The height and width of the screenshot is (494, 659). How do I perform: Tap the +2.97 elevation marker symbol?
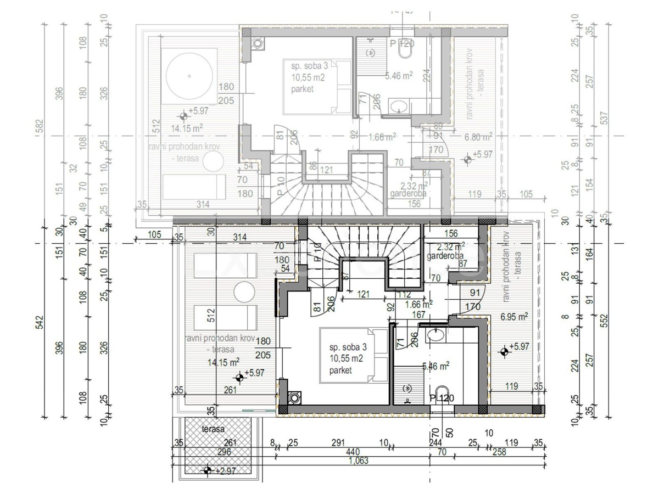pyautogui.click(x=207, y=470)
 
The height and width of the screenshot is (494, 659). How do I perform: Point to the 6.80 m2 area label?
pyautogui.click(x=478, y=137)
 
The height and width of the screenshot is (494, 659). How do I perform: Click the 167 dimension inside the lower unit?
pyautogui.click(x=419, y=315)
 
